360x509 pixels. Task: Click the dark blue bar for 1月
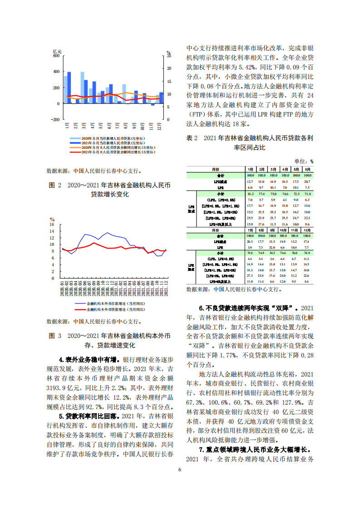point(69,88)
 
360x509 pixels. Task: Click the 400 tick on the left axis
point(56,72)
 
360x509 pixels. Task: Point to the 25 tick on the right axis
point(169,56)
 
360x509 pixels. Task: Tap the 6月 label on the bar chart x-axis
point(109,125)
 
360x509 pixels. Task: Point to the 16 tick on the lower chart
point(52,225)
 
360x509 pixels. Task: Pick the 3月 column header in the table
point(273,169)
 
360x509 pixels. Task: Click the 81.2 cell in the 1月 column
point(250,194)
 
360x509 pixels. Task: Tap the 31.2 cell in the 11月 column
point(296,275)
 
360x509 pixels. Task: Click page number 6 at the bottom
point(180,470)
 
